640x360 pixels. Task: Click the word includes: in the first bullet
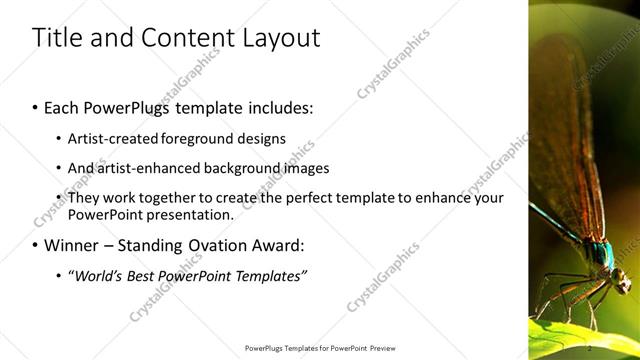click(274, 105)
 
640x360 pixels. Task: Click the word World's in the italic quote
click(98, 275)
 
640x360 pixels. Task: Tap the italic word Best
click(145, 275)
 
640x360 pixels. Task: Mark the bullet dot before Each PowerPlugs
click(37, 105)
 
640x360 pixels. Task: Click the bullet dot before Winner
click(37, 245)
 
